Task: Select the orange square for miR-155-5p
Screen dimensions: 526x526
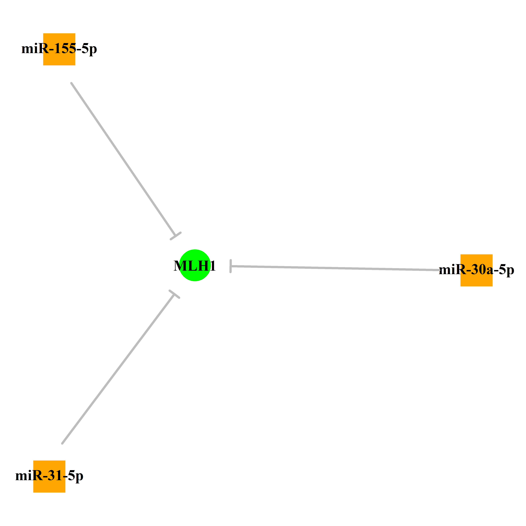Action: pyautogui.click(x=59, y=49)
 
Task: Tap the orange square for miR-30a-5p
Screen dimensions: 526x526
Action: pyautogui.click(x=476, y=270)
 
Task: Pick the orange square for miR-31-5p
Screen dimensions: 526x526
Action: pyautogui.click(x=49, y=476)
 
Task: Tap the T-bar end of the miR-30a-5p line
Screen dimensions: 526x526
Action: pyautogui.click(x=231, y=266)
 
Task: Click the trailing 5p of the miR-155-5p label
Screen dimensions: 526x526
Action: pyautogui.click(x=89, y=50)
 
